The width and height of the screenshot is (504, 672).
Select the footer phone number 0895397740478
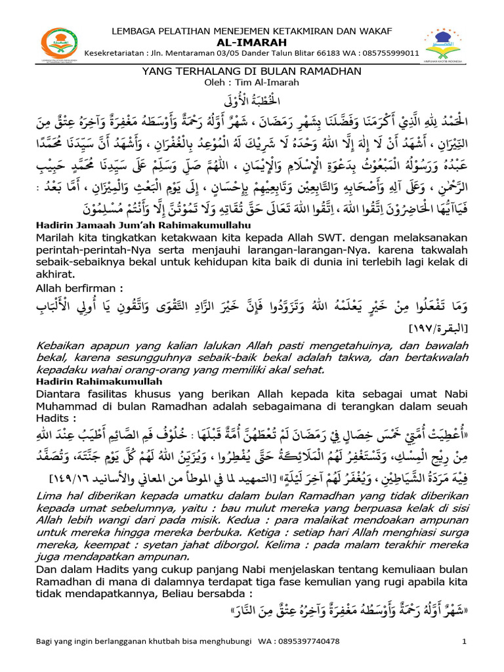pyautogui.click(x=310, y=640)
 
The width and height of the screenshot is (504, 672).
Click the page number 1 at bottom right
pyautogui.click(x=464, y=640)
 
